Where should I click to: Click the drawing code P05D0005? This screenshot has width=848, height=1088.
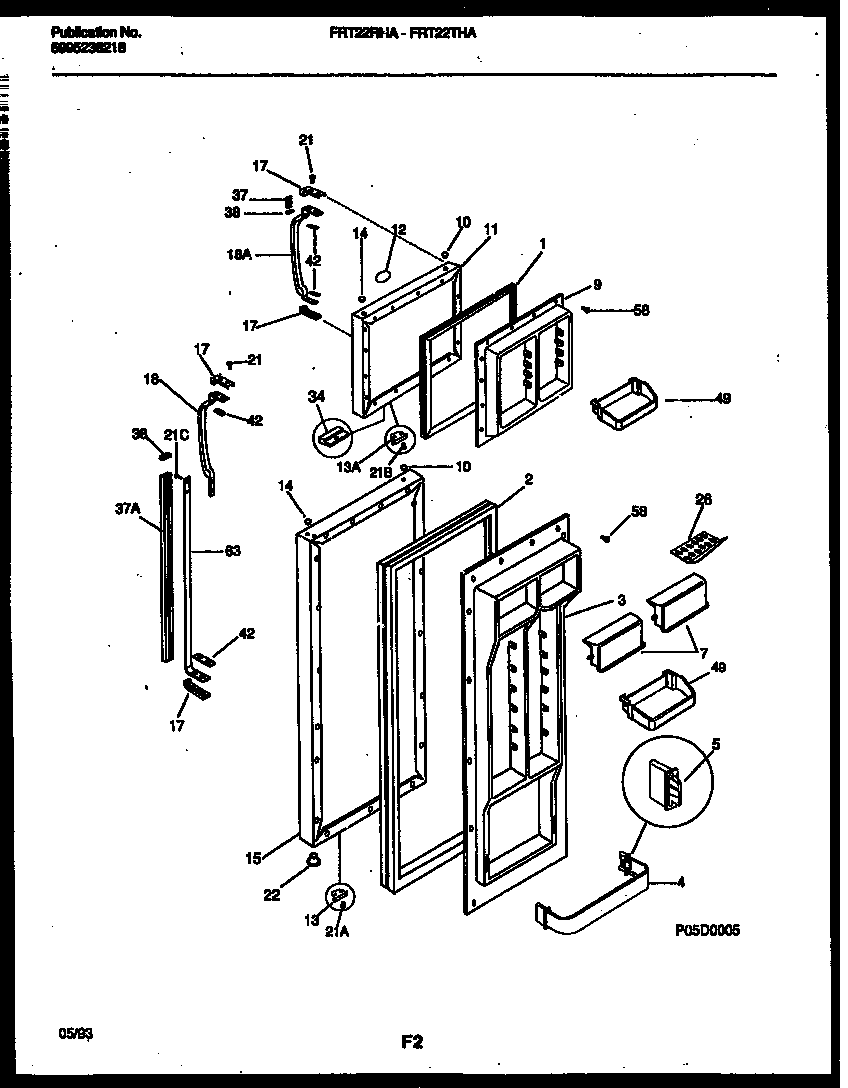(707, 929)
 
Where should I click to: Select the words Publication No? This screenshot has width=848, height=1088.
(95, 33)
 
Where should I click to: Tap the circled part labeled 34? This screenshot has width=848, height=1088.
(332, 435)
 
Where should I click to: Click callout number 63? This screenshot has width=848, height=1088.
(232, 550)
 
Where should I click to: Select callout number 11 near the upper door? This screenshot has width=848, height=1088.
(490, 228)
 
